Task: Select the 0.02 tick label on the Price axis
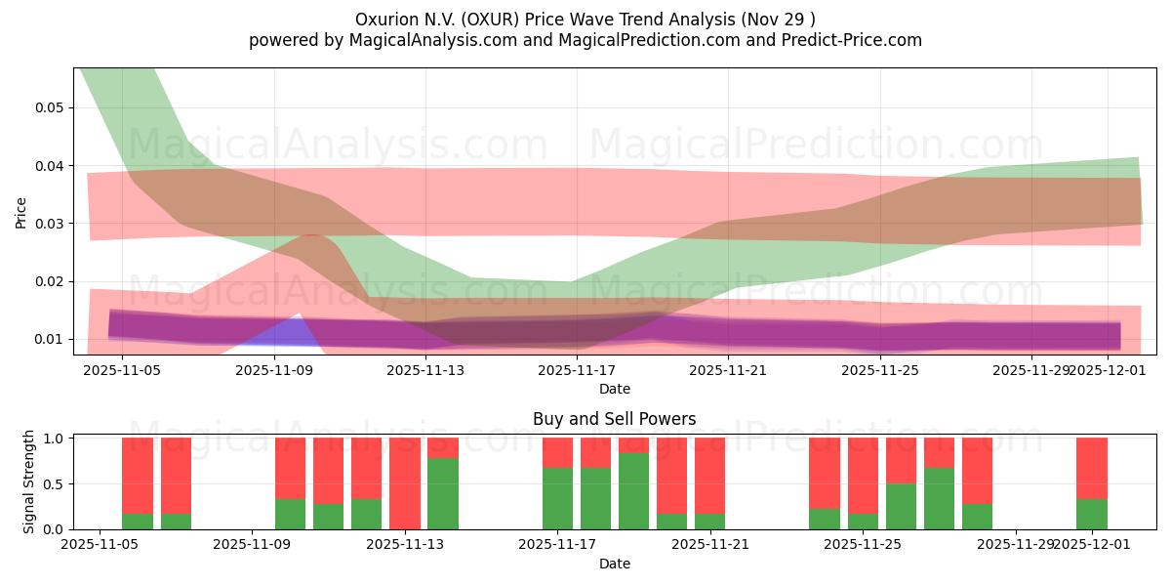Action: coord(49,281)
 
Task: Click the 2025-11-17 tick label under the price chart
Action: coord(577,370)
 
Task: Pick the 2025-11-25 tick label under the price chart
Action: coord(880,370)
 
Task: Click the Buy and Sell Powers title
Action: coord(614,419)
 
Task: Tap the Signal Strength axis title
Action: coord(29,481)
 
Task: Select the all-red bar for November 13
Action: coord(405,483)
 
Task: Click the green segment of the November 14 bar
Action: coord(443,494)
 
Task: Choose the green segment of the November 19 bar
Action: coord(634,491)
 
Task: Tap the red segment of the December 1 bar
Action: coord(1092,468)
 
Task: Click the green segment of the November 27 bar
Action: coord(978,517)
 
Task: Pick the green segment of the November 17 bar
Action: coord(558,499)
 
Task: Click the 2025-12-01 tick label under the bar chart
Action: coord(1092,545)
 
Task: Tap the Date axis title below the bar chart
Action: coord(614,564)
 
